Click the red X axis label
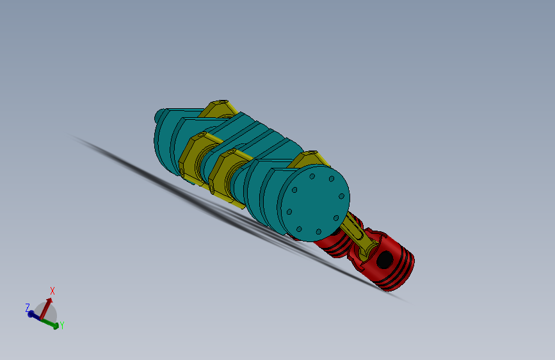(x=52, y=291)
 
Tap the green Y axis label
(x=61, y=325)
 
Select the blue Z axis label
(x=28, y=307)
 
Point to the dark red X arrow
(x=47, y=307)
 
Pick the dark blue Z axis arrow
(x=34, y=314)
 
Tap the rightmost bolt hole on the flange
(x=342, y=197)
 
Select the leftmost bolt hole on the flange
(x=289, y=210)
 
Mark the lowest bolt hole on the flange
(x=318, y=231)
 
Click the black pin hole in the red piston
(x=385, y=259)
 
